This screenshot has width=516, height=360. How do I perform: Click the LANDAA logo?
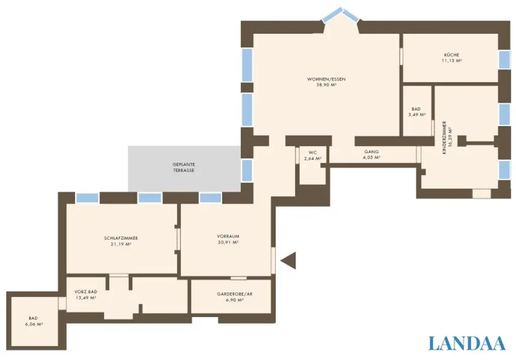[x=467, y=343]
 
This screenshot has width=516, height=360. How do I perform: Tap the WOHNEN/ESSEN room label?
[x=326, y=79]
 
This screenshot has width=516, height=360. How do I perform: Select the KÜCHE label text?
[x=451, y=54]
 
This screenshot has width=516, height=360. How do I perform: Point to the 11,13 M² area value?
[x=451, y=60]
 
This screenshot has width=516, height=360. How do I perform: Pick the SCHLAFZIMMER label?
[x=121, y=238]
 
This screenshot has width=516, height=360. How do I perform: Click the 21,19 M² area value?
[x=121, y=244]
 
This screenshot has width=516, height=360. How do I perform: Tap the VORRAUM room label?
[x=228, y=236]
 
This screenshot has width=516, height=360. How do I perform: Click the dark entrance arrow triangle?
[x=289, y=261]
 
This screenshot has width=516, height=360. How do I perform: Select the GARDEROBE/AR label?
[x=234, y=293]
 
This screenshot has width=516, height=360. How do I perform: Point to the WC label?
[x=312, y=152]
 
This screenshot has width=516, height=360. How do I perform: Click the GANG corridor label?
[x=371, y=151]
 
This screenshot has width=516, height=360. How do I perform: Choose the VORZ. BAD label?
[x=85, y=292]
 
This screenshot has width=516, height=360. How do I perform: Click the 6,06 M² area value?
[x=33, y=324]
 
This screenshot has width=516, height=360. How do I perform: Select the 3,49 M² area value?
[x=416, y=115]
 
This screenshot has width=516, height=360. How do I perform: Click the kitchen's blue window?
[x=504, y=60]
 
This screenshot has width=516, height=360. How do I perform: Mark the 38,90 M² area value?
[x=326, y=85]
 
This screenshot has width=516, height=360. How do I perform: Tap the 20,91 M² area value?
[x=228, y=242]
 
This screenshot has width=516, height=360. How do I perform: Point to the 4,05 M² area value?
[x=371, y=157]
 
